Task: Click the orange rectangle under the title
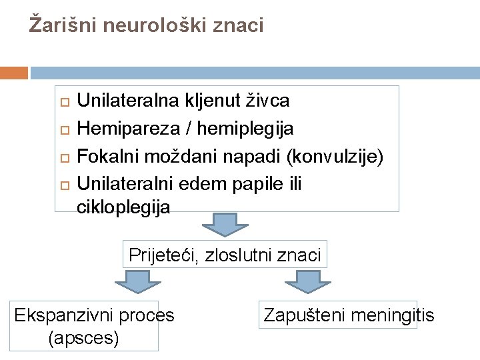tap(14, 73)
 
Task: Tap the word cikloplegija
tap(124, 207)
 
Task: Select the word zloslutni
tap(243, 255)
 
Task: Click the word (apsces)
tap(84, 339)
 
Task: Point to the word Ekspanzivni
tap(61, 315)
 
